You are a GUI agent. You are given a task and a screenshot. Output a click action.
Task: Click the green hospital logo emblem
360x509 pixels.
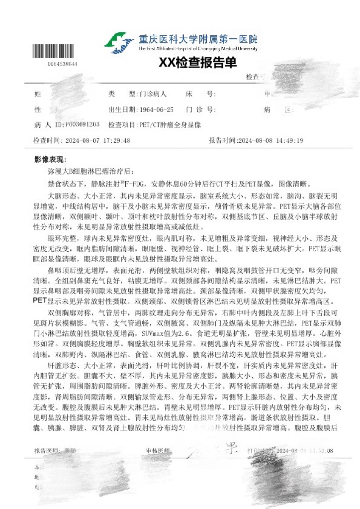click(x=118, y=42)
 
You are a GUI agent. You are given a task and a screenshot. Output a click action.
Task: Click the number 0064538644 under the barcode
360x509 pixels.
click(x=63, y=64)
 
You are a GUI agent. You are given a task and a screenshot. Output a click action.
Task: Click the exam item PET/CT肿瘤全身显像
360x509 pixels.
click(x=171, y=124)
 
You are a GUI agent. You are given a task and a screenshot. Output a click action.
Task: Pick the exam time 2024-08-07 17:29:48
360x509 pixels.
click(x=98, y=140)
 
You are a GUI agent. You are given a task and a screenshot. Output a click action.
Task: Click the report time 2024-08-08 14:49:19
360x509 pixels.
click(x=271, y=140)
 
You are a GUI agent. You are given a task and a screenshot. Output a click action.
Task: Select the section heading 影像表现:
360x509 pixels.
click(x=50, y=159)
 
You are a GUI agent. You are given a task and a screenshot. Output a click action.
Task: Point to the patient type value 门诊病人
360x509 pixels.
click(x=154, y=94)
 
